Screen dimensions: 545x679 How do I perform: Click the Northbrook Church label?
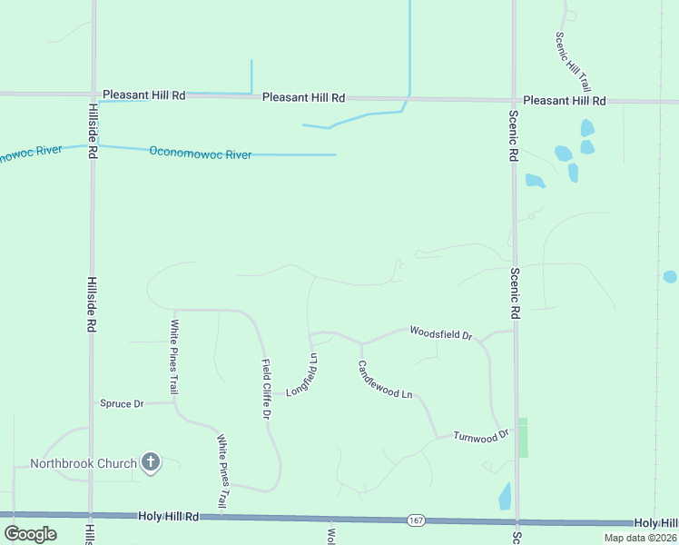[x=83, y=463]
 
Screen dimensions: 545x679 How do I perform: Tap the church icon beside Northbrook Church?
[x=151, y=463]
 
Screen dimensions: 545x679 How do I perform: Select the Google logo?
[x=30, y=534]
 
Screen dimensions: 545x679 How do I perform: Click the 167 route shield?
[x=416, y=520]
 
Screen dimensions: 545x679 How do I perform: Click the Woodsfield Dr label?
[x=441, y=333]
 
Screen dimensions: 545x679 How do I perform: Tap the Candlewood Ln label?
[x=385, y=381]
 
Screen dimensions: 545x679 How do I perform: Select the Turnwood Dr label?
[x=481, y=436]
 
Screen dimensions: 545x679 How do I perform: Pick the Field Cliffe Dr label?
[x=267, y=389]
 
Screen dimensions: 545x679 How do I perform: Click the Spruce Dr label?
[x=122, y=403]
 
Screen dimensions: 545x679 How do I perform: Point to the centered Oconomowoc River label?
[x=200, y=154]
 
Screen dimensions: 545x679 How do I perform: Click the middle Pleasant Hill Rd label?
[x=303, y=97]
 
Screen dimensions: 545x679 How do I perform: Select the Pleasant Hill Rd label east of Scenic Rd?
[x=564, y=100]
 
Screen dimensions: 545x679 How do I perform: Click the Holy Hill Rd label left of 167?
[x=168, y=516]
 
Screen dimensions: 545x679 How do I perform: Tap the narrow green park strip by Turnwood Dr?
[x=522, y=438]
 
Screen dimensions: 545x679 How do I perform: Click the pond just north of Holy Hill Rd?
[x=505, y=496]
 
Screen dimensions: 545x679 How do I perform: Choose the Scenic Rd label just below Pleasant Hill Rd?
[x=514, y=135]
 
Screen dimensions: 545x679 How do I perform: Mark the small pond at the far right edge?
[x=670, y=277]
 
